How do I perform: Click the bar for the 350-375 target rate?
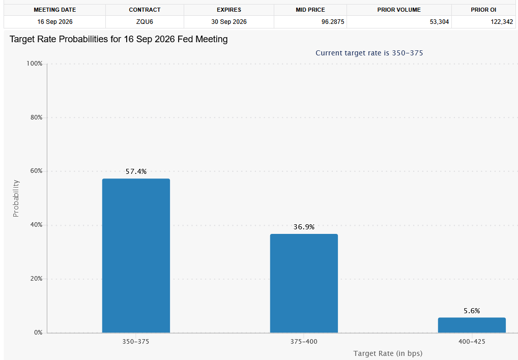pos(136,256)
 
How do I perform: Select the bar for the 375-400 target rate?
pos(304,283)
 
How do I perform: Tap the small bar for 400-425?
pos(472,325)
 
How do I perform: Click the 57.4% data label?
pos(136,171)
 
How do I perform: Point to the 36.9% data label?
pos(304,227)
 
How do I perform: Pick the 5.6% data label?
pos(472,311)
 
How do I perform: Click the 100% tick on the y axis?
pos(35,64)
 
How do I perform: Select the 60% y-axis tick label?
pos(36,171)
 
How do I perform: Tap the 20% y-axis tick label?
pos(36,279)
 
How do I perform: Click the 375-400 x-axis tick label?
pos(304,342)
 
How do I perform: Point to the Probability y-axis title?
pos(16,198)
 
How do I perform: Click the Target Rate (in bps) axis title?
pos(388,353)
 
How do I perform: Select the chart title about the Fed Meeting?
pos(119,39)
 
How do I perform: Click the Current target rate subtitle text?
pos(369,53)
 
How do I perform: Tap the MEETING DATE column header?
pos(55,10)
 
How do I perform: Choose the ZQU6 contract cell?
pos(145,22)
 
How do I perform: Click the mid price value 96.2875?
pos(333,22)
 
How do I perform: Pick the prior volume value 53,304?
pos(439,22)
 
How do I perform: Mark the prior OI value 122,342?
pos(502,22)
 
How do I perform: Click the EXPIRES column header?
pos(229,10)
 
